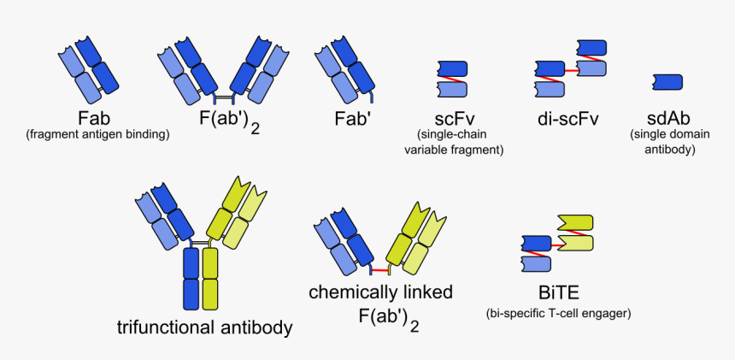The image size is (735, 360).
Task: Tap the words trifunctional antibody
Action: tap(204, 328)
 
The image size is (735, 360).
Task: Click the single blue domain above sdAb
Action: tap(667, 82)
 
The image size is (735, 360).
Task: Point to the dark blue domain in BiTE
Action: tap(535, 242)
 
